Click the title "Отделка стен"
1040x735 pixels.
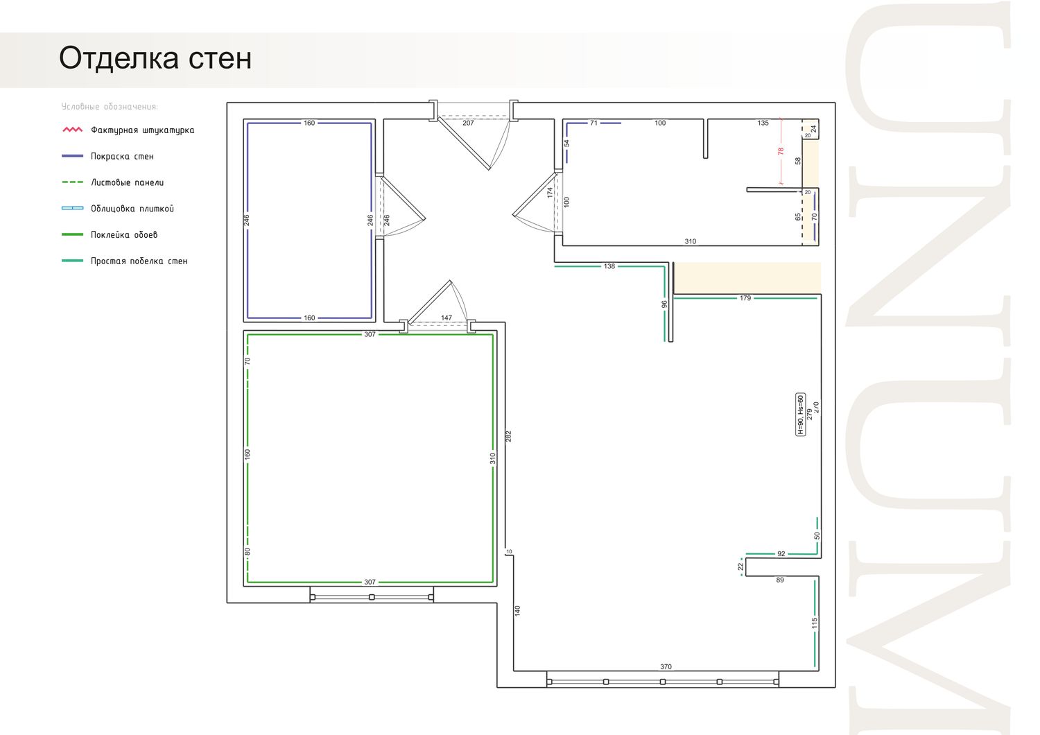click(155, 58)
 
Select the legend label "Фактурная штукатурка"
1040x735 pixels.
click(143, 130)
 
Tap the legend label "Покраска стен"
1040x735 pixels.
click(122, 157)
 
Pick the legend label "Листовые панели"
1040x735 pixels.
click(127, 182)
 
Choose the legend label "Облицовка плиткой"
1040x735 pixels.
click(132, 209)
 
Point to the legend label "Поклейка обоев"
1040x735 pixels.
click(124, 235)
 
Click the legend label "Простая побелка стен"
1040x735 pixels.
click(139, 261)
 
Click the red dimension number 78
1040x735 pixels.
click(781, 151)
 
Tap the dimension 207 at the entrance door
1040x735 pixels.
click(468, 123)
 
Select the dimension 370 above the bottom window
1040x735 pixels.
click(666, 667)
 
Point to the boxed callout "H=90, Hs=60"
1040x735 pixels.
click(800, 415)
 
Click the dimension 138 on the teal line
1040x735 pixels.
click(609, 266)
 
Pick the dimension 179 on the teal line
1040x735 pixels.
click(745, 298)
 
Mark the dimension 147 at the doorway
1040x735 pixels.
click(447, 318)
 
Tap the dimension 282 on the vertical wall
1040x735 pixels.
click(508, 436)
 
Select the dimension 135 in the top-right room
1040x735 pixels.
click(763, 123)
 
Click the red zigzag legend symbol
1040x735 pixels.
click(72, 130)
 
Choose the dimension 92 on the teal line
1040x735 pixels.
click(781, 554)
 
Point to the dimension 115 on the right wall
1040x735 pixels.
click(815, 623)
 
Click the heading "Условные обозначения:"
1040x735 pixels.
click(110, 107)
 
